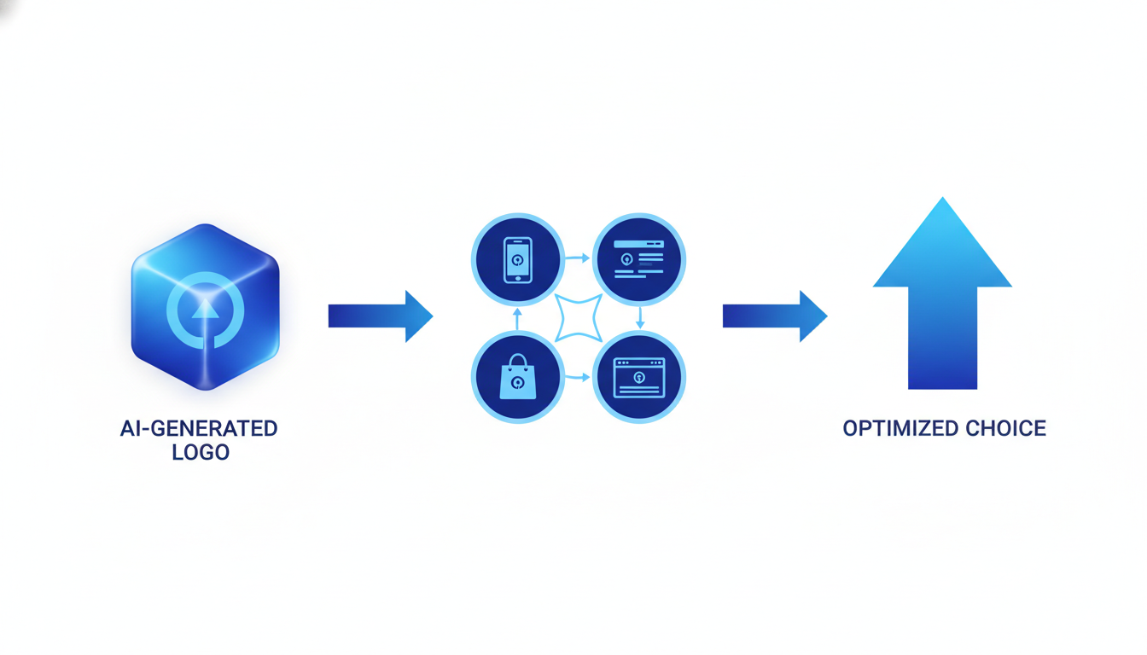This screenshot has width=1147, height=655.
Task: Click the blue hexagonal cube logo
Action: point(205,307)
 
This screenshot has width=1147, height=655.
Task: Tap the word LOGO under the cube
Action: point(201,452)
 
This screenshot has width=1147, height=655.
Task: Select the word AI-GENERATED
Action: point(199,428)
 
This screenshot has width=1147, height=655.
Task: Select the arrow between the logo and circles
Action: point(381,316)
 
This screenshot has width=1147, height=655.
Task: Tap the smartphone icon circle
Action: point(517,259)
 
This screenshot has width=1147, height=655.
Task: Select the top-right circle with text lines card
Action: point(639,259)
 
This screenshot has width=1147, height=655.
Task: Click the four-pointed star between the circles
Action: point(579,318)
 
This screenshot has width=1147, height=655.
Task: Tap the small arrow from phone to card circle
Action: point(578,258)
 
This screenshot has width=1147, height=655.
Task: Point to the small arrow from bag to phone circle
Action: point(517,319)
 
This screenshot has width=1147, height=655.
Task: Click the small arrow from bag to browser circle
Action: point(578,376)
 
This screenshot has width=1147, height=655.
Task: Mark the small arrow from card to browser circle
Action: point(640,318)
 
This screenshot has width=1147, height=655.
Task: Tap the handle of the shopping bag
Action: point(517,361)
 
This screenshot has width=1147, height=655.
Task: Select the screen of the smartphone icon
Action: point(518,258)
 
